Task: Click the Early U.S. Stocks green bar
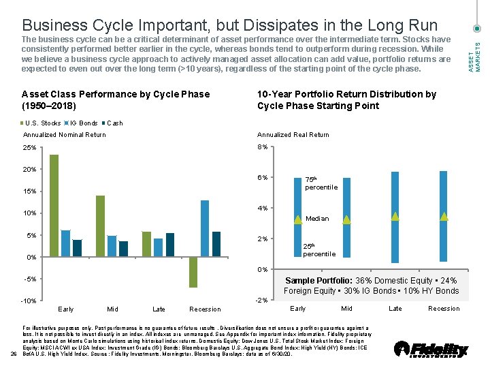54,206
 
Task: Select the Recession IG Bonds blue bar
205,228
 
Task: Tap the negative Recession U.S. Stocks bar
193,272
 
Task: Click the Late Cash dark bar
170,245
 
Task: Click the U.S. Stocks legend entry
41,123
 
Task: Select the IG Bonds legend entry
82,123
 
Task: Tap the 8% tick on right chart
262,147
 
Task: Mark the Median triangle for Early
298,219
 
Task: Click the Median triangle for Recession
444,216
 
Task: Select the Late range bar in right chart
395,217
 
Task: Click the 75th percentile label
321,183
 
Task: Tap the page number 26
14,353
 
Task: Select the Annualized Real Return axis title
293,135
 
